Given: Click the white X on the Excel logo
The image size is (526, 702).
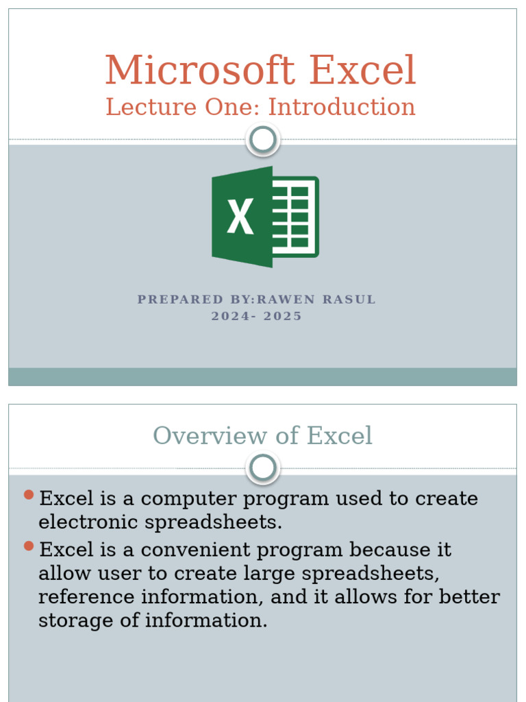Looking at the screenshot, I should click(x=240, y=216).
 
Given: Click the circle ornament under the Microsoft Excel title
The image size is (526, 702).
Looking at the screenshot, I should click(x=262, y=140).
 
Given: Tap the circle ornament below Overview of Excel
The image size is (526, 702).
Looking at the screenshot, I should click(x=262, y=468).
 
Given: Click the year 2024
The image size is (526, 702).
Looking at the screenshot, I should click(x=229, y=316).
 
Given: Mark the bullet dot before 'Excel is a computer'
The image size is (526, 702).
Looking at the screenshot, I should click(x=28, y=495).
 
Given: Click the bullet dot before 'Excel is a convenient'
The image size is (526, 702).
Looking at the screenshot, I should click(x=28, y=546).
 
